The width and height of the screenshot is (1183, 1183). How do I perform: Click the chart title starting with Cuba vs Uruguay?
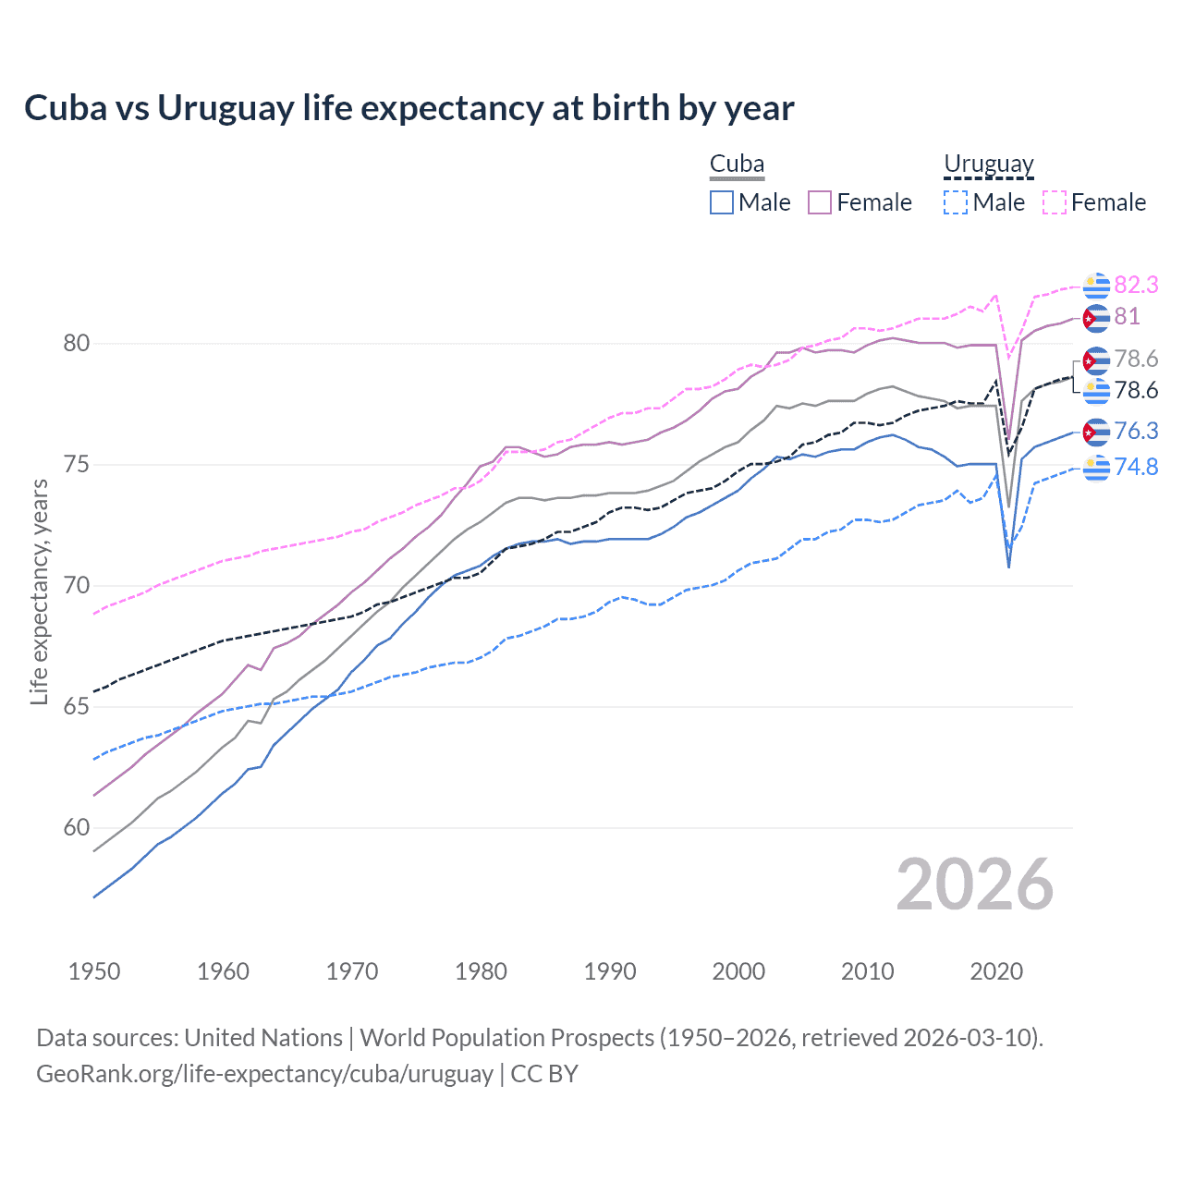pos(409,108)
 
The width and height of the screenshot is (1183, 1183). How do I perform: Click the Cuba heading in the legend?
pos(737,165)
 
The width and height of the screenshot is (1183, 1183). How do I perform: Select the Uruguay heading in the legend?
pos(988,165)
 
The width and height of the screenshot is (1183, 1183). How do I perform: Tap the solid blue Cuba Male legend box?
pos(722,202)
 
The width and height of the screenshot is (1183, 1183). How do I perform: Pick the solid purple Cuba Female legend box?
pos(820,202)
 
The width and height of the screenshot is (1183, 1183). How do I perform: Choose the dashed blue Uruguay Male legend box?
pos(956,202)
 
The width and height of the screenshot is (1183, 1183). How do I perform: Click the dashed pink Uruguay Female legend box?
pos(1055,202)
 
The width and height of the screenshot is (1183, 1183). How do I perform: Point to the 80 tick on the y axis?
pos(76,344)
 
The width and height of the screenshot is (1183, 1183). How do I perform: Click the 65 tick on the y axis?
pos(76,707)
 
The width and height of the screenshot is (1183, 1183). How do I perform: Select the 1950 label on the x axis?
pos(94,971)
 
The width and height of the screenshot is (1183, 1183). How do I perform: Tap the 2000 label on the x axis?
pos(738,971)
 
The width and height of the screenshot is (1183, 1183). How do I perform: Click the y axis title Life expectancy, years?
pos(40,591)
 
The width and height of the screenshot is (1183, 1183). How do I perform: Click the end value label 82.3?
pos(1136,285)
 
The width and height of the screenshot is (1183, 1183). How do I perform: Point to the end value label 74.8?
pos(1136,467)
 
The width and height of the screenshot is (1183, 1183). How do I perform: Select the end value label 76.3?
pos(1136,431)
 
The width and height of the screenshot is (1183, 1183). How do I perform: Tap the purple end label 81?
pos(1127,316)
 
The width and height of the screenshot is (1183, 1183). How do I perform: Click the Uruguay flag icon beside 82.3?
pos(1096,286)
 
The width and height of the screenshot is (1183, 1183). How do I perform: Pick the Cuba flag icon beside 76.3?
pos(1096,432)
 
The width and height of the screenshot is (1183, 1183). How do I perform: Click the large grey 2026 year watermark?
pos(974,884)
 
